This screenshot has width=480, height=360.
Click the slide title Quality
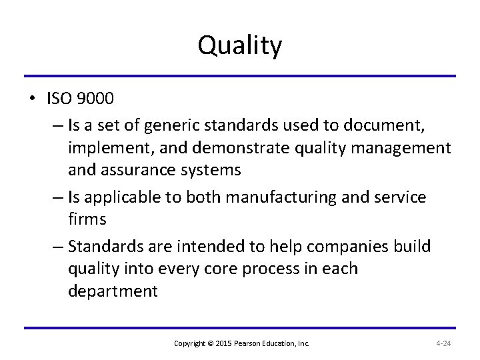click(x=240, y=46)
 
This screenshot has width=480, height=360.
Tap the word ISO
click(x=61, y=99)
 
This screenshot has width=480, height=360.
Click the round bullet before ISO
click(x=32, y=99)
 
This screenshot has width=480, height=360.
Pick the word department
click(x=113, y=292)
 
